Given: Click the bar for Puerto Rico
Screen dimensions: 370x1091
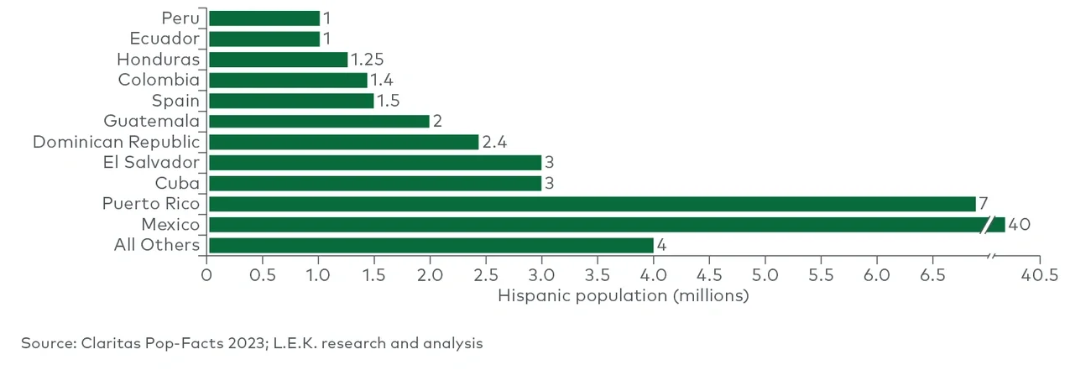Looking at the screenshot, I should click(x=592, y=204).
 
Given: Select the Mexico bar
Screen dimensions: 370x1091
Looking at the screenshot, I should click(x=596, y=225).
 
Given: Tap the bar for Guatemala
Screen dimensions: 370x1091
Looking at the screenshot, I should click(x=319, y=122).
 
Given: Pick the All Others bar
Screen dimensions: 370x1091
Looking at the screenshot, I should click(x=431, y=245).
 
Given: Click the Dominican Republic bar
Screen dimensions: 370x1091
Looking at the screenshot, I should click(x=343, y=142).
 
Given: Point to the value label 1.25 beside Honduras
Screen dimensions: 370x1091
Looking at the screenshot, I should click(x=366, y=60).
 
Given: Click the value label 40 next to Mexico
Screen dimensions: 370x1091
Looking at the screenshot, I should click(x=1019, y=225).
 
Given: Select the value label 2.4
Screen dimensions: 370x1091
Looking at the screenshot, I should click(x=494, y=142).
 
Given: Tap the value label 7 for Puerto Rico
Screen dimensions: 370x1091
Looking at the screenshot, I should click(x=983, y=204).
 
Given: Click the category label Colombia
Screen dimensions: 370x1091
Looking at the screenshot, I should click(x=159, y=81).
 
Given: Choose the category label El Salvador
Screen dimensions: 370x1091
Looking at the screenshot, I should click(x=151, y=162).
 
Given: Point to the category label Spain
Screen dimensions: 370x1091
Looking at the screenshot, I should click(x=175, y=101).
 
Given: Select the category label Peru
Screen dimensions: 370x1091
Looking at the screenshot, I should click(x=182, y=18).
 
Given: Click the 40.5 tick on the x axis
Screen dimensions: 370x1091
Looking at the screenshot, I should click(x=1039, y=276).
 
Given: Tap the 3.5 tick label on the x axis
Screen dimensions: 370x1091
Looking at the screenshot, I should click(x=598, y=276).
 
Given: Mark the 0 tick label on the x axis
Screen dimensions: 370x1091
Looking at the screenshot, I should click(x=206, y=276).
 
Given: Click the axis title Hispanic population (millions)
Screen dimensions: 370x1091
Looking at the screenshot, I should click(x=623, y=295).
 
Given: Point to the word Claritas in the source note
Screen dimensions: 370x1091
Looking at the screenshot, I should click(x=109, y=343).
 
